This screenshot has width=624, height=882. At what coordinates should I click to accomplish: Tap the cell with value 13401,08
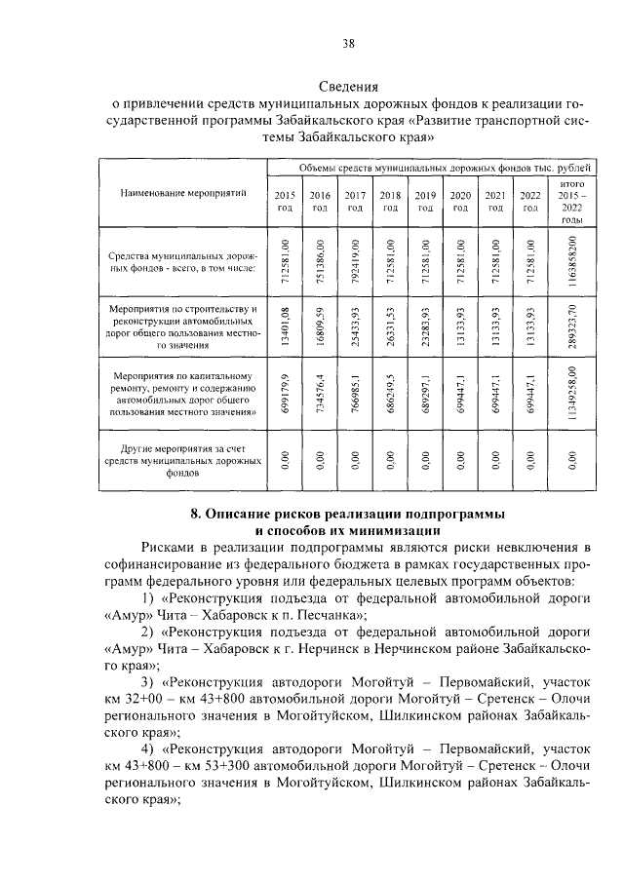[285, 326]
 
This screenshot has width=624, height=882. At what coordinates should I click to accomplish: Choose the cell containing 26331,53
[390, 326]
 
